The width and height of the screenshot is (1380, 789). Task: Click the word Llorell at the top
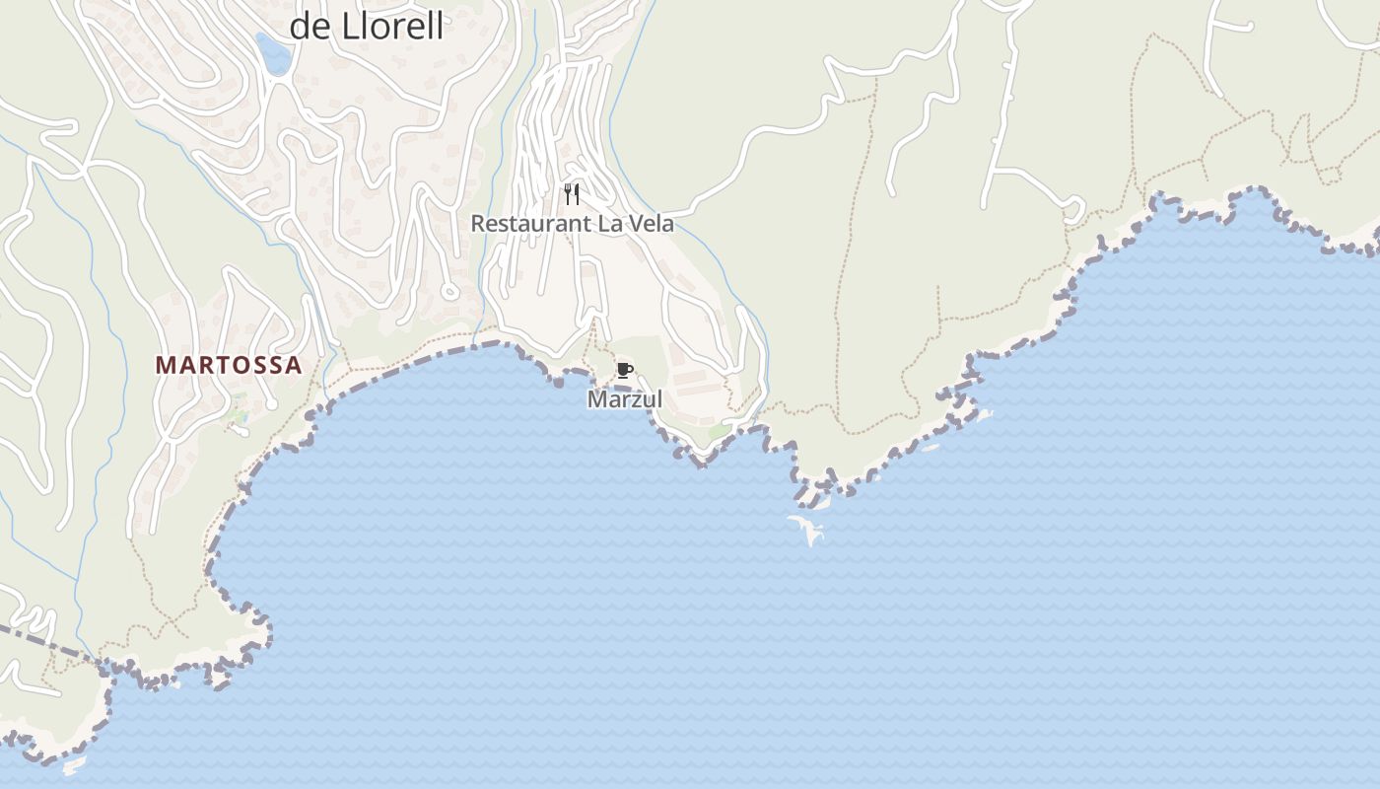(392, 26)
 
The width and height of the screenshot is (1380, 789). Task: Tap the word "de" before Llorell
(310, 26)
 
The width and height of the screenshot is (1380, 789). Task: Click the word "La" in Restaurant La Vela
(600, 224)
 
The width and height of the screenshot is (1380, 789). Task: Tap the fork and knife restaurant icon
(572, 193)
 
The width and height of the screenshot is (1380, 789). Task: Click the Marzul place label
(625, 399)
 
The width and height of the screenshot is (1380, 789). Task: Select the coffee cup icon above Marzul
(624, 371)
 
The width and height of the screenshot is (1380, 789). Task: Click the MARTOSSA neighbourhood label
(229, 365)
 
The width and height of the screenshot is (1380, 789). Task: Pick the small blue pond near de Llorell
(273, 53)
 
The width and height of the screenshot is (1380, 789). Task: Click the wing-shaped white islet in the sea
(808, 528)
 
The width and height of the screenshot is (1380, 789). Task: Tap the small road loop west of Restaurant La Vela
(449, 290)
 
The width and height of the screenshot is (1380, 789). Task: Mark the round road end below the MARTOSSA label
(271, 404)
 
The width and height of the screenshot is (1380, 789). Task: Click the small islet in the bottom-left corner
(74, 763)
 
